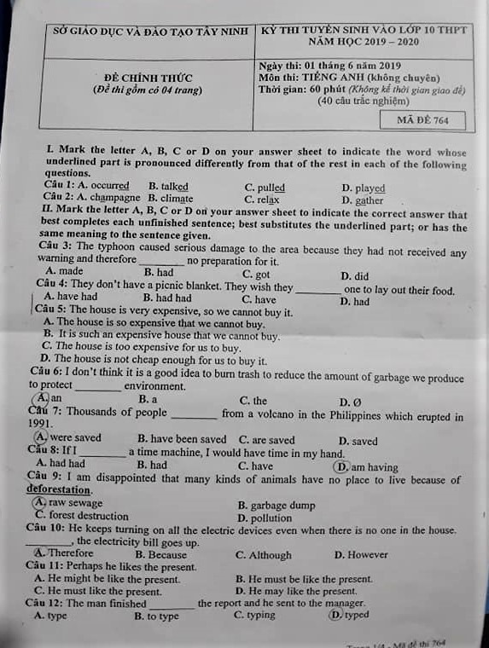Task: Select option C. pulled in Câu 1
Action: point(265,188)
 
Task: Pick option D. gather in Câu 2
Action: point(363,200)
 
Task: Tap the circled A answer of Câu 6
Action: point(42,398)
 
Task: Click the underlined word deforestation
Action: point(58,490)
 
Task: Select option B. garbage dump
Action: point(277,505)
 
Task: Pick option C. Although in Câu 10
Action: point(264,554)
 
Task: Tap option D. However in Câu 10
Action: point(361,554)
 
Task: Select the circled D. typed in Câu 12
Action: point(350,614)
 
